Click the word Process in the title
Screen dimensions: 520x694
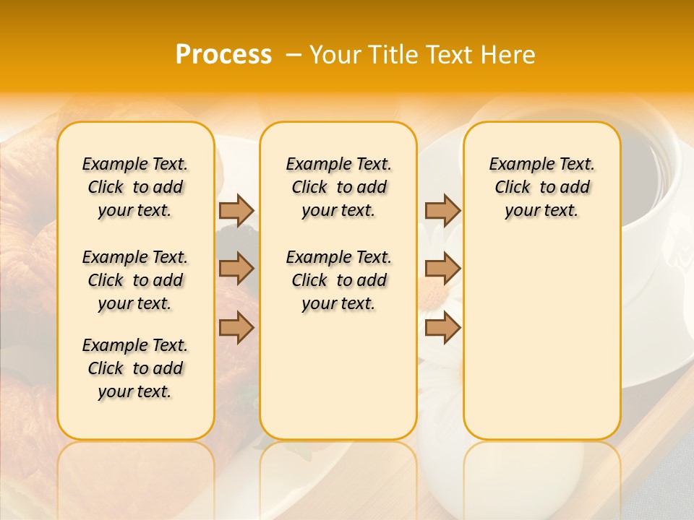tap(223, 55)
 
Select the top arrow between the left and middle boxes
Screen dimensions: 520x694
tap(236, 210)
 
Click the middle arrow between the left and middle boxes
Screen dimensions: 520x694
tap(236, 269)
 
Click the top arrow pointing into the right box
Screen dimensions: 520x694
tap(442, 210)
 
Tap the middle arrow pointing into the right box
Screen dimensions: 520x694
tap(442, 269)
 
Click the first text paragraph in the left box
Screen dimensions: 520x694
tap(135, 187)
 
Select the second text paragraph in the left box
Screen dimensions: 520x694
tap(135, 280)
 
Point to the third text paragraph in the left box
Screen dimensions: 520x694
tap(135, 368)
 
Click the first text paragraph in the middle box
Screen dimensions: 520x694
tap(338, 187)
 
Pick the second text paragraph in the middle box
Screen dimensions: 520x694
tap(338, 280)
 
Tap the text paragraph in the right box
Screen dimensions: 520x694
tap(542, 187)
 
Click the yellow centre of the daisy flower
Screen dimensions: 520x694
tap(432, 292)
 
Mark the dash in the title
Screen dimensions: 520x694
tap(293, 56)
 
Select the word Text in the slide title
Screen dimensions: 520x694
tap(450, 55)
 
